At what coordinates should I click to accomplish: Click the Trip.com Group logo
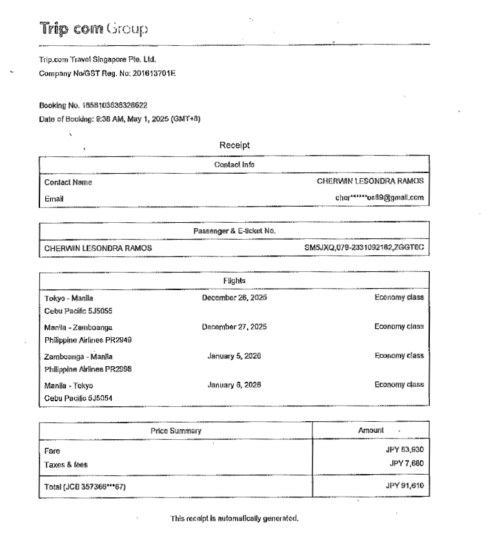coord(94,28)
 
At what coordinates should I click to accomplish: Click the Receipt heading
coord(234,145)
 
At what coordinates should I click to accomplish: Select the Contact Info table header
coord(234,165)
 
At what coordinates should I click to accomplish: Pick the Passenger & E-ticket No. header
coord(234,231)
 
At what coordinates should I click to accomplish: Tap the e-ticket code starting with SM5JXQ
coord(364,247)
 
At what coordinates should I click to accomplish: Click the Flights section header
coord(234,281)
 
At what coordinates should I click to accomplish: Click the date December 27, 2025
coord(234,327)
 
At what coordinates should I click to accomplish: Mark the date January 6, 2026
coord(234,384)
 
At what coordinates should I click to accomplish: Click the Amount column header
coord(370,430)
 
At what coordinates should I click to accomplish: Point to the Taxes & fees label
coord(66,464)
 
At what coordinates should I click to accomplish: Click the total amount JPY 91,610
coord(404,486)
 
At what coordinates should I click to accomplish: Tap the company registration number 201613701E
coord(154,73)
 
